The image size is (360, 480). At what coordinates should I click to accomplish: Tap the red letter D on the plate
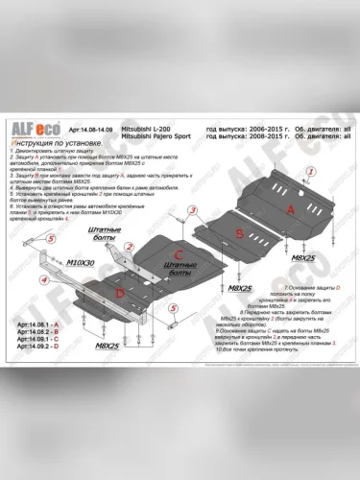click(x=118, y=292)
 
